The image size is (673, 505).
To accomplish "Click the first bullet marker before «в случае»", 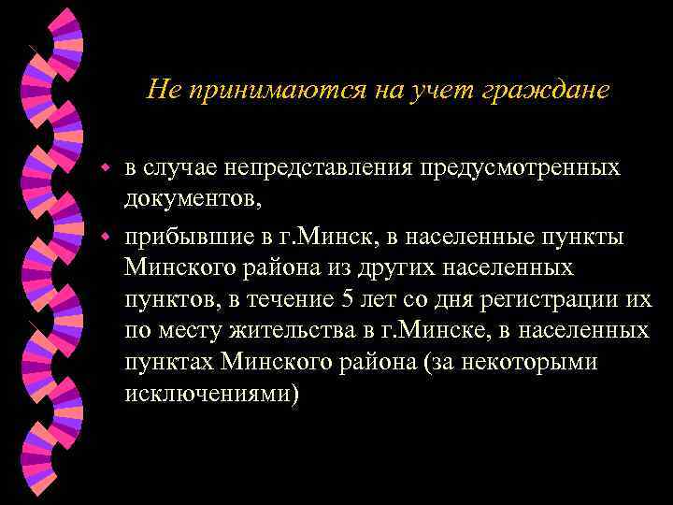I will (107, 168).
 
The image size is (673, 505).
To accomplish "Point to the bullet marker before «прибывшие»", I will (107, 233).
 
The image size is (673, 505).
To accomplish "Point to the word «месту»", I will (185, 331).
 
